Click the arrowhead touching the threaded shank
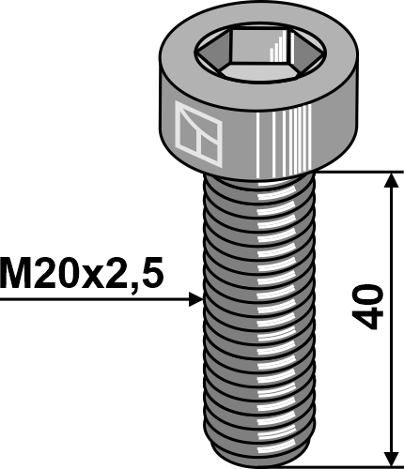coord(194,299)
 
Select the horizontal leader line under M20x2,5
coord(94,299)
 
